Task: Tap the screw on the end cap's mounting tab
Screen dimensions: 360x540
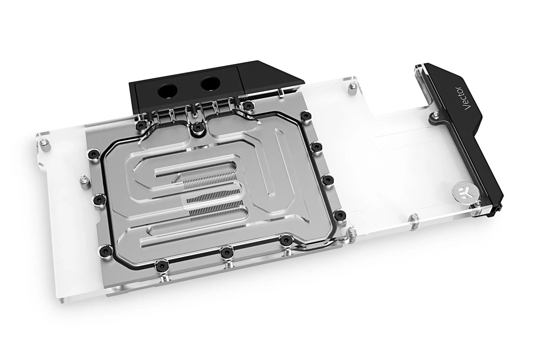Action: pos(434,118)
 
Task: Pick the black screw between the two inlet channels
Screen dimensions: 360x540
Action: pos(196,127)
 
